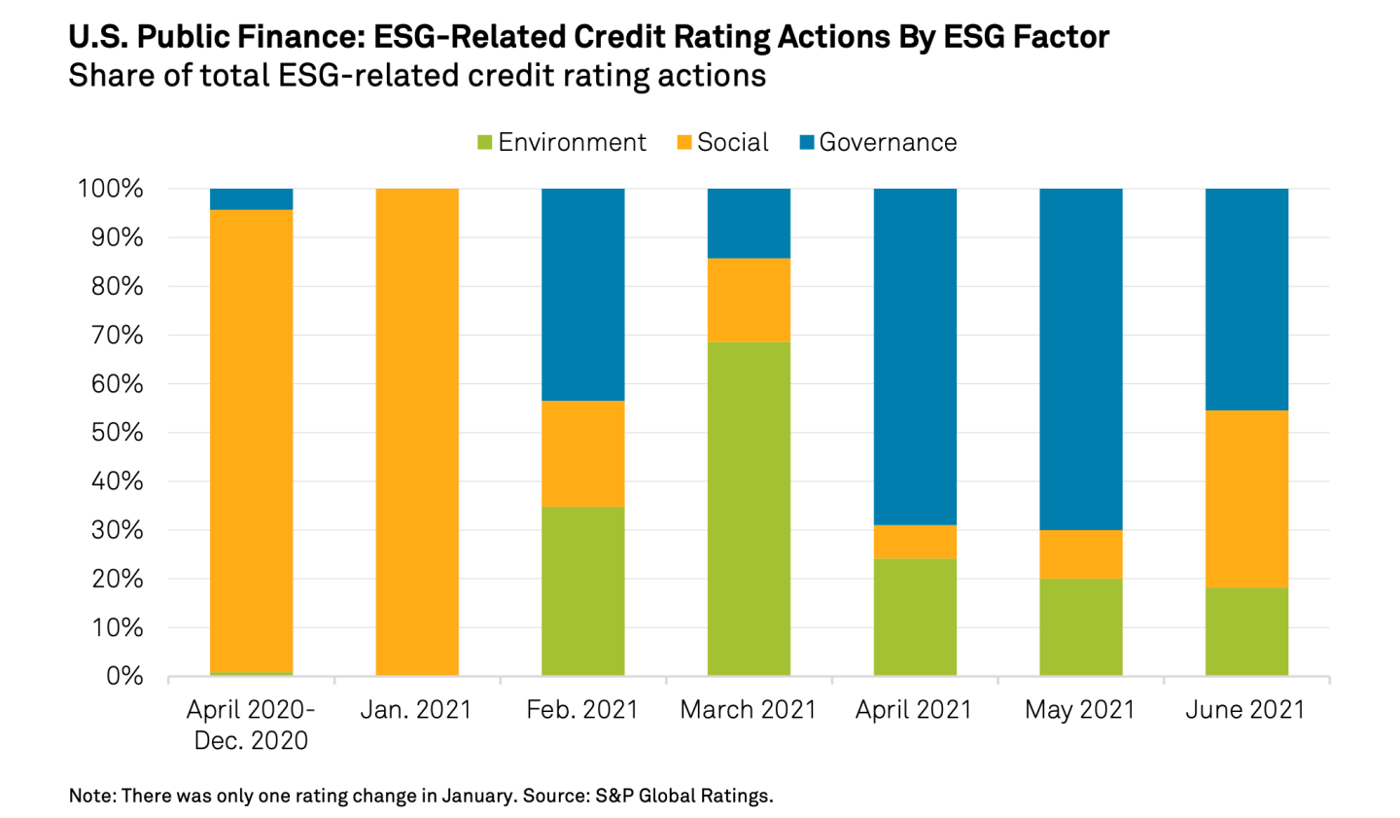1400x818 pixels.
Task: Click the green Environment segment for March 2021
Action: [749, 508]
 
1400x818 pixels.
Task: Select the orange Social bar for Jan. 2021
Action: [416, 432]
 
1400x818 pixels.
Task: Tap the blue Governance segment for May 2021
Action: [1080, 359]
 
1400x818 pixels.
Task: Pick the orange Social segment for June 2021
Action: [1246, 498]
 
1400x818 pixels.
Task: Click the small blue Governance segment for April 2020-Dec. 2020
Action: [251, 199]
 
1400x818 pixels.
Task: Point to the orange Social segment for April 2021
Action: [915, 542]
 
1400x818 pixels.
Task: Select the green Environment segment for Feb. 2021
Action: [582, 590]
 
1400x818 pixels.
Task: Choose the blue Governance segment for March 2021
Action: [749, 223]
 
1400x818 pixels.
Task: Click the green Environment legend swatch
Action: [484, 143]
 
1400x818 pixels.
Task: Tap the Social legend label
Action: [732, 143]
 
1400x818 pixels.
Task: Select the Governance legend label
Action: [888, 143]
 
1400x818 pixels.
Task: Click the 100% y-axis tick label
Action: [111, 189]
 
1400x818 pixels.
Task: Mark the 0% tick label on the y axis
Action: [123, 676]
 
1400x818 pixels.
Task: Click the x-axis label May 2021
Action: [1080, 710]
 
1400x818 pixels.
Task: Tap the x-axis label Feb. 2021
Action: [582, 710]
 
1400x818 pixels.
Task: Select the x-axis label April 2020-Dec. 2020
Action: [251, 725]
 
